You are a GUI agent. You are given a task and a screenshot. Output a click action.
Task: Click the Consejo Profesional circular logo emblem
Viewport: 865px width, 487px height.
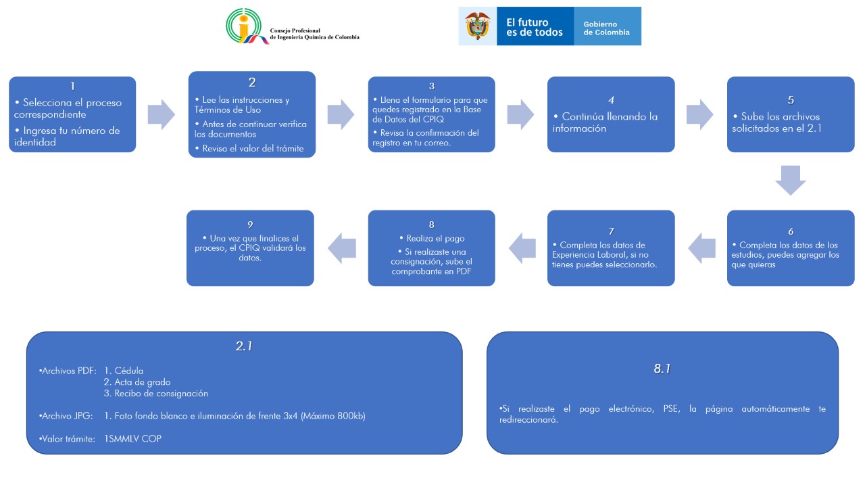(247, 26)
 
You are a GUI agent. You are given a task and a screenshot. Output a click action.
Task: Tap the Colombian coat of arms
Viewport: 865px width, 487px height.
(478, 26)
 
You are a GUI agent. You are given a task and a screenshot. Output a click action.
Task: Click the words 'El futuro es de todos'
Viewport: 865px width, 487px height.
(535, 27)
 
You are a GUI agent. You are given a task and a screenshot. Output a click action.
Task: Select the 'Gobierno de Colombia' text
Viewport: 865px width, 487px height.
(606, 28)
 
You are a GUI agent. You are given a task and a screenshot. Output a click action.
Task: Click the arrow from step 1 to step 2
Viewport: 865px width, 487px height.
(162, 114)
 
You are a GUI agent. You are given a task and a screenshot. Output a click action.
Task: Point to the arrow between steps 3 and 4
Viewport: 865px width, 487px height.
(520, 114)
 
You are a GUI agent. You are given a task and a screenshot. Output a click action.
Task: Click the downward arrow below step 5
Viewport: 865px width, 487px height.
(791, 181)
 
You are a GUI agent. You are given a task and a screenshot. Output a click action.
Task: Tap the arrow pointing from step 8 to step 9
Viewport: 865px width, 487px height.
(342, 248)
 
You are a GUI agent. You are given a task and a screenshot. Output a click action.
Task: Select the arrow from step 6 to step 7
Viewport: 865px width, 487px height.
(701, 248)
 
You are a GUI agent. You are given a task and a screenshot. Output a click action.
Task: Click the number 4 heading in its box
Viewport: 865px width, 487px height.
(611, 100)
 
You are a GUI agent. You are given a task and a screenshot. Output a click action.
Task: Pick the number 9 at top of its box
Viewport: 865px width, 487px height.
(250, 225)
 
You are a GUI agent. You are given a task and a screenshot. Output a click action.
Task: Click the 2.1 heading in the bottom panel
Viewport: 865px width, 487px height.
(244, 346)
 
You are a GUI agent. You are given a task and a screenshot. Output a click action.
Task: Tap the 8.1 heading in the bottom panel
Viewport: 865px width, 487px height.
(662, 369)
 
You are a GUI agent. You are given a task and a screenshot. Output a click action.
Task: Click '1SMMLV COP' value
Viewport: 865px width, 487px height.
(133, 439)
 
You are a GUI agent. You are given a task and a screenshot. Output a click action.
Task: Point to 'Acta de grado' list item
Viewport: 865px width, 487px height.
(137, 382)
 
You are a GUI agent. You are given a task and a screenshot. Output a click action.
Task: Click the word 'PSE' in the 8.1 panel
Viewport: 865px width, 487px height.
(671, 409)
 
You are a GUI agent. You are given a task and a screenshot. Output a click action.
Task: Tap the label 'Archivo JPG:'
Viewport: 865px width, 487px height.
(66, 416)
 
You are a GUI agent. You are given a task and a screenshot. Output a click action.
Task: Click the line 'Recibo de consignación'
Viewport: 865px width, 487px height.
(156, 394)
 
